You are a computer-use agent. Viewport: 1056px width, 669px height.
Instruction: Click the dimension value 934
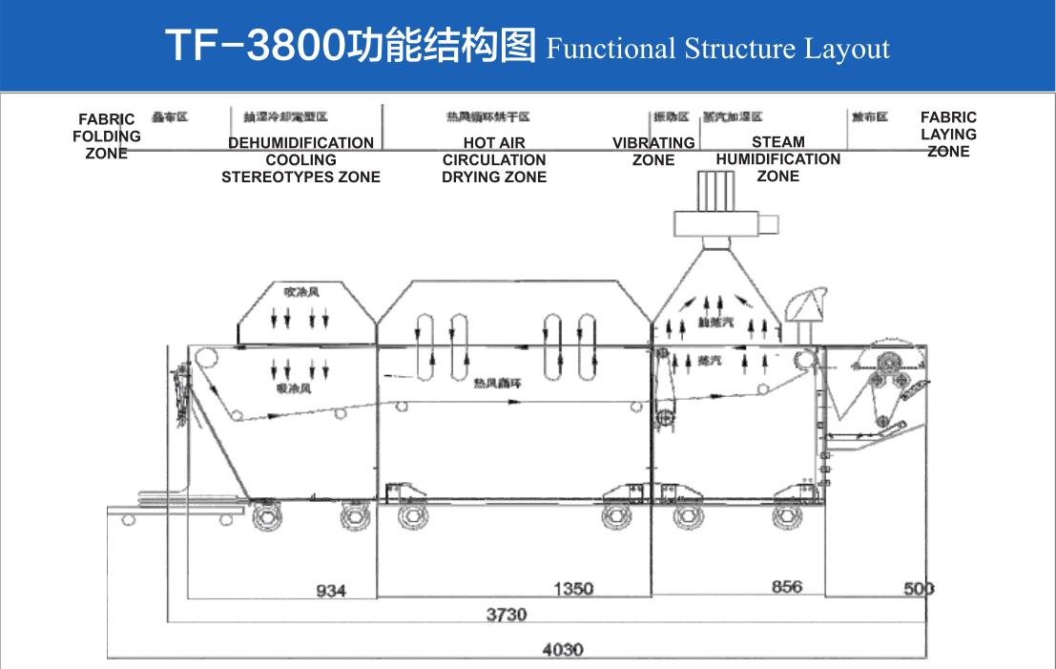click(x=331, y=591)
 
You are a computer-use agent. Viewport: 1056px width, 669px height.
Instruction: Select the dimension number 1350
click(x=574, y=589)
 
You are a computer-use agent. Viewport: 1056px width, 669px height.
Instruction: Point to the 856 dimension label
click(x=787, y=587)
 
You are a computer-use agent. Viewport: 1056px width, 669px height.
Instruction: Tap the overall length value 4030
click(x=562, y=650)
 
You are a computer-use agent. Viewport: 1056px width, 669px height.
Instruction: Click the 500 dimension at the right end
click(x=919, y=589)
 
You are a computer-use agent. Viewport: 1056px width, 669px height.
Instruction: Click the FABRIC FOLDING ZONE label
click(x=107, y=136)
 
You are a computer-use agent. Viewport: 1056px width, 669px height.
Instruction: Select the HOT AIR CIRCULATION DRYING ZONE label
click(x=494, y=159)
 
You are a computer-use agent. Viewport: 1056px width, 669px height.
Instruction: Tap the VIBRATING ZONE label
click(x=653, y=151)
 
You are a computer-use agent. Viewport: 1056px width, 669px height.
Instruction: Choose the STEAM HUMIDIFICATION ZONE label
click(x=778, y=158)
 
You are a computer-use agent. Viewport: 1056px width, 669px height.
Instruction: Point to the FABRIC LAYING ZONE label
click(x=948, y=135)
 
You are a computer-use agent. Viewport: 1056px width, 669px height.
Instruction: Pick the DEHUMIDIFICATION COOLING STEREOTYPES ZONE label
click(x=300, y=159)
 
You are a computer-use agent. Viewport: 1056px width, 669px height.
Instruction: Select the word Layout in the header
click(x=846, y=49)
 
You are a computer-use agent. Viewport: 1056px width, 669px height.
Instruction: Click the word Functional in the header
click(x=611, y=49)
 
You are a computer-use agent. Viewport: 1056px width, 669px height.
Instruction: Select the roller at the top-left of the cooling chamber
click(x=207, y=360)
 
